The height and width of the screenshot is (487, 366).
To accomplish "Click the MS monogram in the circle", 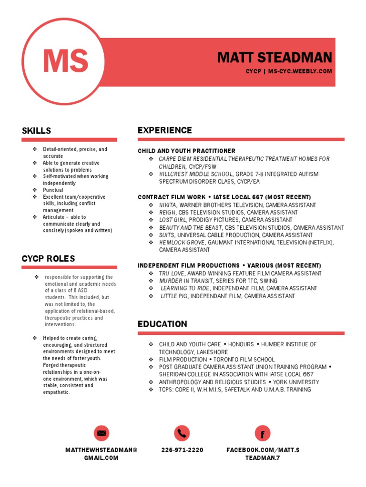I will click(x=65, y=60).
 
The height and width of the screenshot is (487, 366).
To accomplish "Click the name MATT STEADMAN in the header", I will click(x=274, y=58).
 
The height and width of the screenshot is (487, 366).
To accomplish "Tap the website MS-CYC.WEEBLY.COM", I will click(x=300, y=71).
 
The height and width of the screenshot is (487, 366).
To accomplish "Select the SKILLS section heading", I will click(x=36, y=131).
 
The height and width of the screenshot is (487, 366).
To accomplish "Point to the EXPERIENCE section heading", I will click(x=165, y=130).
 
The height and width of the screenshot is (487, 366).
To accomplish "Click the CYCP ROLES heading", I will click(x=48, y=259).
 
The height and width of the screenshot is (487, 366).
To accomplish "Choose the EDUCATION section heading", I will click(x=163, y=324).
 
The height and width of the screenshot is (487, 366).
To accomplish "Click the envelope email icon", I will click(x=101, y=433).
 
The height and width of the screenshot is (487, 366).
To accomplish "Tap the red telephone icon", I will click(x=182, y=433).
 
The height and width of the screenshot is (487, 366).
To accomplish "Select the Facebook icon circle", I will click(x=263, y=433).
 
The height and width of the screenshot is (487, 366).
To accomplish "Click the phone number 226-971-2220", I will click(x=182, y=450).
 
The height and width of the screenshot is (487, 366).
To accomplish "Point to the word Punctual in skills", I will click(x=53, y=190).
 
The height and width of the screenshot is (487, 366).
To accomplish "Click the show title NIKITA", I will click(x=167, y=205).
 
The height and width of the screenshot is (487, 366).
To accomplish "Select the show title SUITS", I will click(x=166, y=235).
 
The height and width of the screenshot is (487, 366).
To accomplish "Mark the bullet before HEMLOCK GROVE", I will click(x=151, y=243).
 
